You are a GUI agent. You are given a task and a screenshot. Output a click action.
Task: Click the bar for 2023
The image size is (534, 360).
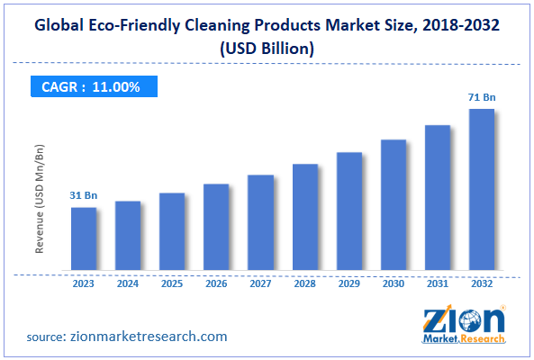click(84, 238)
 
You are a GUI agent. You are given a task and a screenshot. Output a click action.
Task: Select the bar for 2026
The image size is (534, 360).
click(216, 227)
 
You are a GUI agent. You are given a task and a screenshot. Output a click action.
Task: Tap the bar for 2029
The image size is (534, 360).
click(349, 211)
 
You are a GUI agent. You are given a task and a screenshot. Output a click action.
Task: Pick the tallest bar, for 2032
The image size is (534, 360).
click(482, 189)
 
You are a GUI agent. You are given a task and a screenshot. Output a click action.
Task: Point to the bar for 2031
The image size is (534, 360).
click(438, 197)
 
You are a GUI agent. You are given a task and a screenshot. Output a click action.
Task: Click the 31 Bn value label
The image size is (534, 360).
click(84, 196)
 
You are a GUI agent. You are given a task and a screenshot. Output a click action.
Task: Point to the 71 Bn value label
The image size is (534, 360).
click(482, 97)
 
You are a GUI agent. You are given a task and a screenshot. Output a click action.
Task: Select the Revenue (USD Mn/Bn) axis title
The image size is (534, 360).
click(41, 199)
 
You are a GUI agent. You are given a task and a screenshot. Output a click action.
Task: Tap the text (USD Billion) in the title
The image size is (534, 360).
click(267, 50)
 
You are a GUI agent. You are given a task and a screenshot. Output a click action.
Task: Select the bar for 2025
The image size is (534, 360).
click(172, 231)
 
